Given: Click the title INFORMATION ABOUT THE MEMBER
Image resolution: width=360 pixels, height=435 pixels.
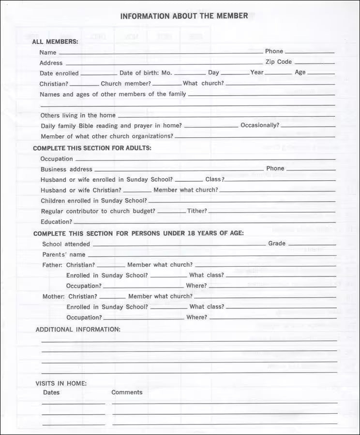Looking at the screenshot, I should [184, 16].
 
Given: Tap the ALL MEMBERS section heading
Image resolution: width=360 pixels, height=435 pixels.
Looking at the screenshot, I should [55, 42].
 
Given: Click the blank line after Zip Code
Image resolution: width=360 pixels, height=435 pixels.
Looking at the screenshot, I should [315, 63].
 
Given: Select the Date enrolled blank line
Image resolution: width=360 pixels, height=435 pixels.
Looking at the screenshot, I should [99, 74].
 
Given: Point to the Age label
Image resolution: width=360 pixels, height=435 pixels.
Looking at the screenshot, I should [300, 72].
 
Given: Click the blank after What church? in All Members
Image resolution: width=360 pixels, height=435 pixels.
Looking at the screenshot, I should [280, 85].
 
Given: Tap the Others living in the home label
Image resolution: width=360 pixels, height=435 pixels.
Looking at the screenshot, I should [78, 116].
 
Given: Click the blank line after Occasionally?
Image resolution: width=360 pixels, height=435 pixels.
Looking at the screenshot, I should [308, 127].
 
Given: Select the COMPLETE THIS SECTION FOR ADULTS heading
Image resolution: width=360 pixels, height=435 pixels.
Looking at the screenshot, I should [92, 148].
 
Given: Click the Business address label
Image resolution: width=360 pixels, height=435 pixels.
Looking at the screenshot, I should [66, 170].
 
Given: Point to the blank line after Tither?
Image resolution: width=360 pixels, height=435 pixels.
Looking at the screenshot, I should [271, 212].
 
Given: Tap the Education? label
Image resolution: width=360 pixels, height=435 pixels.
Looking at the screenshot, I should [56, 222].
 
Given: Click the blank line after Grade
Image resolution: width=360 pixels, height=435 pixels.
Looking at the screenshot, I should [312, 245].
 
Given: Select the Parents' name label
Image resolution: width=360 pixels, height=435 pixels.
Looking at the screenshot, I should [64, 255].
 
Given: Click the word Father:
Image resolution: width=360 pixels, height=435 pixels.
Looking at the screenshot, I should [52, 265].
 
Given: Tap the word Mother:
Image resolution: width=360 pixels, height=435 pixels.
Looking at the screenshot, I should [53, 296].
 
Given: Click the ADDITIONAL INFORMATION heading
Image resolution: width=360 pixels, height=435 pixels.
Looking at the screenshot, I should [78, 330].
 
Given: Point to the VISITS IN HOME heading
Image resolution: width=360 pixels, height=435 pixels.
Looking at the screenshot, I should [61, 383].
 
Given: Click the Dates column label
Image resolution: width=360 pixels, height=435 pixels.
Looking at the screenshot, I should [51, 392].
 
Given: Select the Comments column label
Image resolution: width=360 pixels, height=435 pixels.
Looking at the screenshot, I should [127, 392].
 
